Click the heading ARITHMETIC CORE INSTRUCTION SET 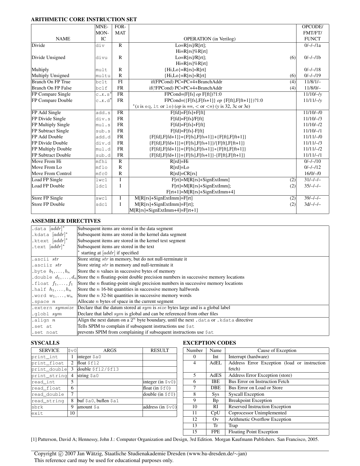point(84,19)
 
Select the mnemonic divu point(101,58)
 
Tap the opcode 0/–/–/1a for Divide point(312,45)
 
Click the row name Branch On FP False point(52,88)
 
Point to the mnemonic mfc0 point(101,174)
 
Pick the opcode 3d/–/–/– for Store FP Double point(312,204)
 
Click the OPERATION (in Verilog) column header point(209,39)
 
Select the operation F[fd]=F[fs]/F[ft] point(187,119)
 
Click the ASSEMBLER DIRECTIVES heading point(66,221)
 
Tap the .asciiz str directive point(47,265)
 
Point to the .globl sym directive point(47,314)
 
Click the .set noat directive point(45,332)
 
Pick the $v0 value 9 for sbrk point(72,407)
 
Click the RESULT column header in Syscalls point(160,351)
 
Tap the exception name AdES point(215,375)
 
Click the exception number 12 point(195,419)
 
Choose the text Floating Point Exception point(253,432)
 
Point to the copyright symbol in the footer point(61,454)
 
